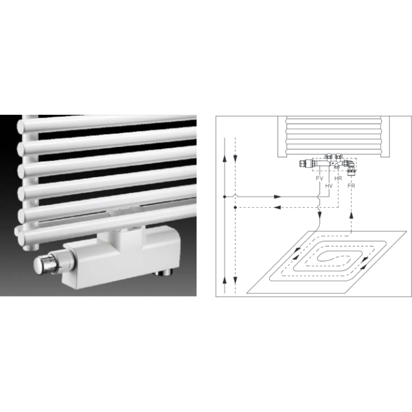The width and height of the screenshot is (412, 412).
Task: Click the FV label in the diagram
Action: [x=320, y=177]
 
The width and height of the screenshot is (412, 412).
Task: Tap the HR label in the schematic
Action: [x=338, y=177]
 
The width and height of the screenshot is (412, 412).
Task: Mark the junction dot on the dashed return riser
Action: [x=235, y=208]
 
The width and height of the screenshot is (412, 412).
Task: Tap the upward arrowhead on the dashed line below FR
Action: [x=351, y=215]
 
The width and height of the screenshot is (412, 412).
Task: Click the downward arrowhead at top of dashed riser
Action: [x=235, y=157]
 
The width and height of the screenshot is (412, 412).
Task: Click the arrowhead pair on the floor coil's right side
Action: [x=366, y=260]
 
